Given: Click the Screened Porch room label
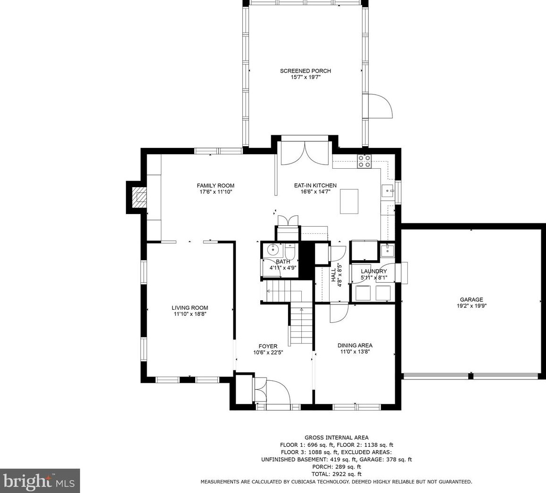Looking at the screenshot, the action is [306, 71].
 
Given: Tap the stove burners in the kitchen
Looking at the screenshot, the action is [364, 161].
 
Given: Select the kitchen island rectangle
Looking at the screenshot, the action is [349, 201].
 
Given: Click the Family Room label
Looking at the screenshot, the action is [215, 186].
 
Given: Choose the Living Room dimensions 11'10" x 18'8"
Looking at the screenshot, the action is [190, 314].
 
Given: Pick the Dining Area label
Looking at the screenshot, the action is [355, 345].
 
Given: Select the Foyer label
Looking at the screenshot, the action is [268, 346].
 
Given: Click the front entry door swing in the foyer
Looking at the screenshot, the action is [277, 392].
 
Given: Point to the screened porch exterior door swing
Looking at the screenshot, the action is [380, 106].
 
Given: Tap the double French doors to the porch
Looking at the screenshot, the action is [305, 153].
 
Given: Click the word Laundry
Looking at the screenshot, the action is [373, 271].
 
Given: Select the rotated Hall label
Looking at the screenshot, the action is [333, 275].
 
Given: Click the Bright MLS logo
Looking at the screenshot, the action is [40, 481].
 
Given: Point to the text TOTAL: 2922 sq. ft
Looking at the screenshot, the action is [336, 474].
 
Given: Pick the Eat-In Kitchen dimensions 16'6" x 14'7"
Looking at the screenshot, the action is [315, 191].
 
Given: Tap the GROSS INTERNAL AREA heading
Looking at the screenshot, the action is [336, 438].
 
